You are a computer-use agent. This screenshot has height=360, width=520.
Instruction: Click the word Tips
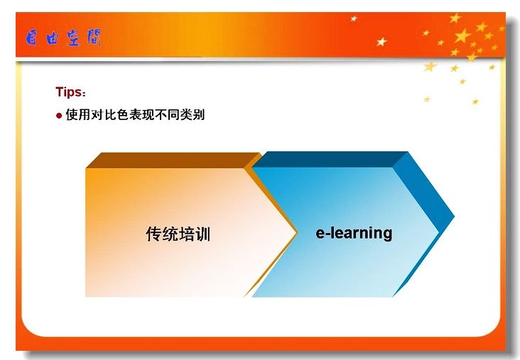[68, 92]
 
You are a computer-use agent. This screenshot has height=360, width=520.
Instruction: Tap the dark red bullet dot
[59, 116]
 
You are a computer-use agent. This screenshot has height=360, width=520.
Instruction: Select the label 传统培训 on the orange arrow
[178, 234]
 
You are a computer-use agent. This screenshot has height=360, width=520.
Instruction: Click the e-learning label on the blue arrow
[354, 233]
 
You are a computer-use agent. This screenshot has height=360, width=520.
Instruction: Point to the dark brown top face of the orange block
[173, 160]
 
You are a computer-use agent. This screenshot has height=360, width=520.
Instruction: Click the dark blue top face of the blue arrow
[330, 159]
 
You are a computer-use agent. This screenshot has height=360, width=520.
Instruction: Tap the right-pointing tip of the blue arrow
[454, 217]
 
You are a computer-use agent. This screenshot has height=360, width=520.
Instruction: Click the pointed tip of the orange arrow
[296, 232]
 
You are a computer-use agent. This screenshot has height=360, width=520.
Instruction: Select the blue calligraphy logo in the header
[63, 38]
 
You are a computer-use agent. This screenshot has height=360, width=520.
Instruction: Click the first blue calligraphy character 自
[32, 38]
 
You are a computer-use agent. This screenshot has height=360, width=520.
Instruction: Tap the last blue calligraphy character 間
[94, 38]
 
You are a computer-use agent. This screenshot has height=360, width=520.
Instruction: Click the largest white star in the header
[381, 42]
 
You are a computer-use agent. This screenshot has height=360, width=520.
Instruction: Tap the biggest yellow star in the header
[462, 36]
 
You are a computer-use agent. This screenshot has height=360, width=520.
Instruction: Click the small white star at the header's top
[354, 18]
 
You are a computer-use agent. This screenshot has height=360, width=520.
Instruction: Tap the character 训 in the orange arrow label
[203, 234]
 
